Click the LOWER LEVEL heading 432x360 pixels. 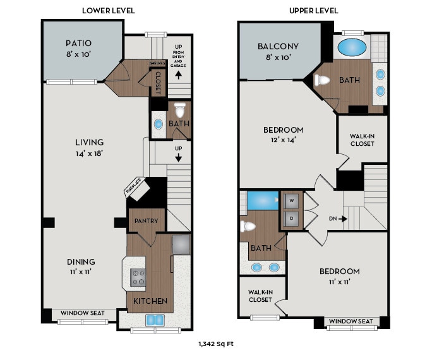pyautogui.click(x=109, y=11)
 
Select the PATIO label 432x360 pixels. pyautogui.click(x=78, y=44)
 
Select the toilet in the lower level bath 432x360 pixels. pyautogui.click(x=179, y=109)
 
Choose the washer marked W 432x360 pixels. pyautogui.click(x=291, y=201)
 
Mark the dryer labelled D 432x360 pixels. pyautogui.click(x=291, y=219)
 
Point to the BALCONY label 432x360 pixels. pyautogui.click(x=278, y=46)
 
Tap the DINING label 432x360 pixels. pyautogui.click(x=81, y=261)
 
